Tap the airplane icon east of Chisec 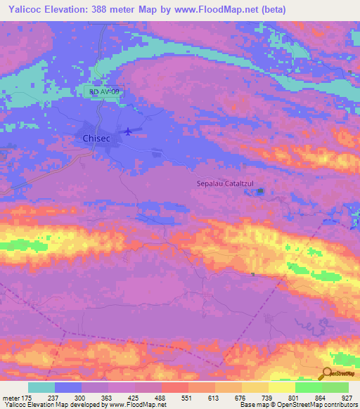[x=127, y=131]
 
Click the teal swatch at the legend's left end [x=41, y=387]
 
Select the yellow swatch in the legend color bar [x=282, y=387]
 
